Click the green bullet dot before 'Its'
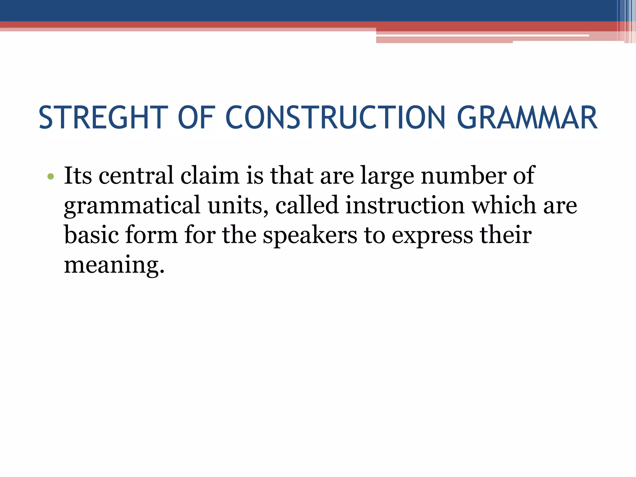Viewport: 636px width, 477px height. pos(51,177)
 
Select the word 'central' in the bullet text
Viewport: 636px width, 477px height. pos(136,176)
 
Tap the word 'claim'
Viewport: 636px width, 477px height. pos(210,176)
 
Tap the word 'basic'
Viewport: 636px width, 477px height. pos(91,235)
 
